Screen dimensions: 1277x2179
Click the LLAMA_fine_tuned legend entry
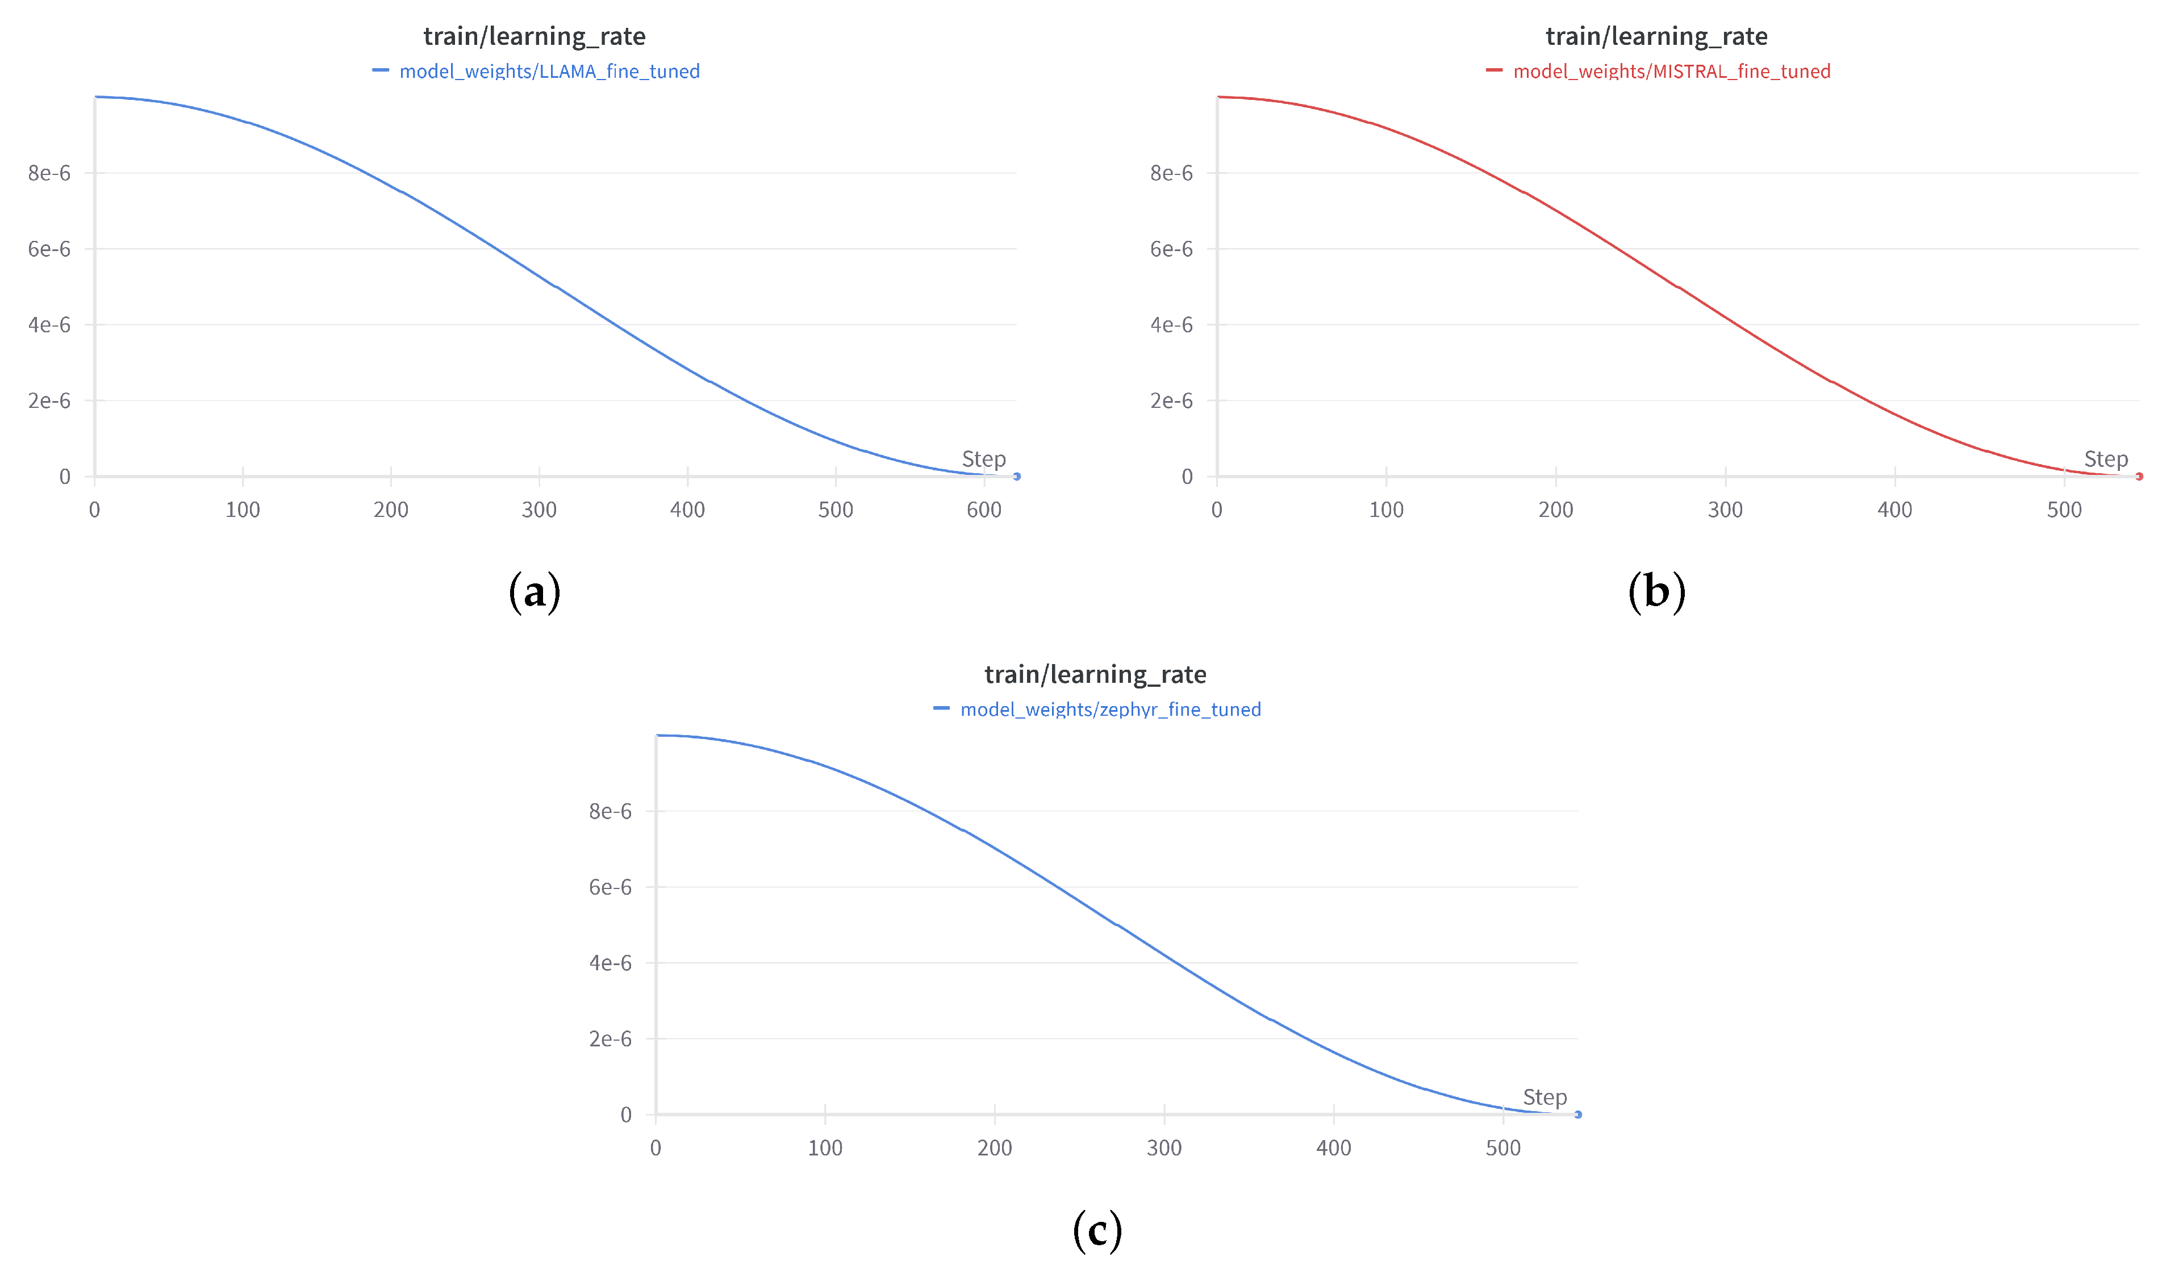[549, 72]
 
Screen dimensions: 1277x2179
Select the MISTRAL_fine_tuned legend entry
[1671, 72]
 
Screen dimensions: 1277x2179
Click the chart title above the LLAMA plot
[535, 36]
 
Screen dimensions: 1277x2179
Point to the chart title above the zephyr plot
[1096, 674]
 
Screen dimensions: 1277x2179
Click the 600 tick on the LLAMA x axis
[984, 510]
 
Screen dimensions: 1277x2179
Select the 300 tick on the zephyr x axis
[1164, 1148]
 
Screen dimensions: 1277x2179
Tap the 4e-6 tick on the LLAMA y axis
[49, 325]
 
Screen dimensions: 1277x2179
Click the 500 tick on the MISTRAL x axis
[2064, 510]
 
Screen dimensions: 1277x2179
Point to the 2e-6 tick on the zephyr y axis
[611, 1039]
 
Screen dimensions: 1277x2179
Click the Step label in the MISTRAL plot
[2106, 459]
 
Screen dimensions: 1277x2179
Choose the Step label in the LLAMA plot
[984, 459]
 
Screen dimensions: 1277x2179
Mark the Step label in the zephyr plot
[1544, 1097]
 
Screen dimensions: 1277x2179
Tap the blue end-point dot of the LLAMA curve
[1017, 477]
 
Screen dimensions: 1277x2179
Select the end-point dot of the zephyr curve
[1578, 1115]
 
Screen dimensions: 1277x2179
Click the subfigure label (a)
[535, 592]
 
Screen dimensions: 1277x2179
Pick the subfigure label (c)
[1096, 1230]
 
